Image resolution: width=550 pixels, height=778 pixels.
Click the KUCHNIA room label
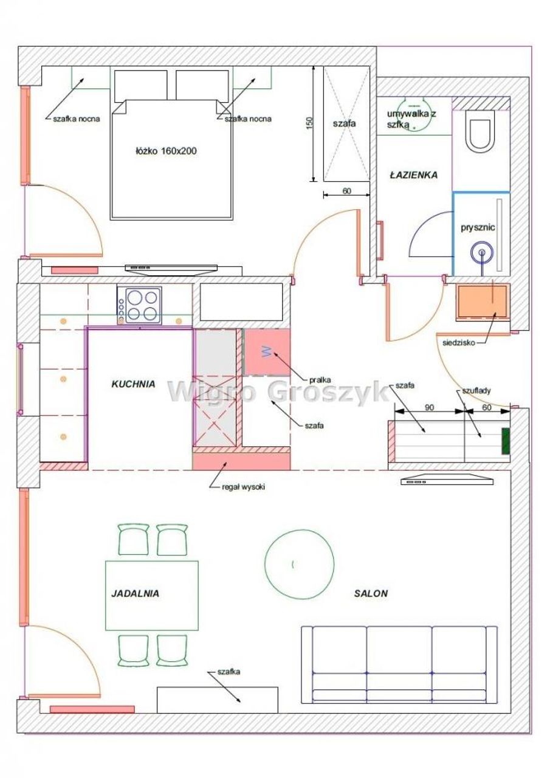(x=133, y=384)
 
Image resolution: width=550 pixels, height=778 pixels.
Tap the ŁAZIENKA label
(x=413, y=174)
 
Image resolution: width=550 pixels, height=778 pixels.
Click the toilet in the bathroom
(x=481, y=131)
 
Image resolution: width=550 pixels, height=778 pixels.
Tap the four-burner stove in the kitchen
(x=140, y=305)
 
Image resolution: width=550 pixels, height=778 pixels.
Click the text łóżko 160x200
(x=166, y=151)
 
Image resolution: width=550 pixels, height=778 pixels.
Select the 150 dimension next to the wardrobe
(x=309, y=123)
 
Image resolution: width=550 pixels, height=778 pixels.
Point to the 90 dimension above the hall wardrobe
(x=429, y=407)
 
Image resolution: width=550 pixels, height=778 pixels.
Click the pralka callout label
(x=320, y=380)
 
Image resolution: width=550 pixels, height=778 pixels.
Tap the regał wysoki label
(x=243, y=487)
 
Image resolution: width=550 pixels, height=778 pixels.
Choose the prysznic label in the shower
(x=478, y=228)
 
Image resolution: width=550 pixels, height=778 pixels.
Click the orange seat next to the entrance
(x=481, y=301)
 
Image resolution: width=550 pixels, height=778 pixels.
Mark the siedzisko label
(x=458, y=343)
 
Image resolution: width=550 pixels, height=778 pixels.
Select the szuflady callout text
(x=476, y=391)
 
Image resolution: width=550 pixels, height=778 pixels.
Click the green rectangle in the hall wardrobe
(x=506, y=441)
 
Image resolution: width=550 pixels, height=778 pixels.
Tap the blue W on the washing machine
(x=267, y=352)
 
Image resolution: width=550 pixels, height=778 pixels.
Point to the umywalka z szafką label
(x=411, y=119)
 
